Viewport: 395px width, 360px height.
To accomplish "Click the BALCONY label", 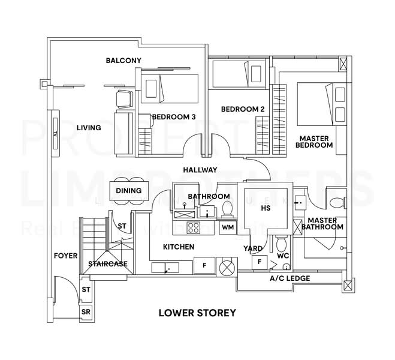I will tap(123, 61).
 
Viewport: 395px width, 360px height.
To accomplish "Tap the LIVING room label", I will tap(89, 128).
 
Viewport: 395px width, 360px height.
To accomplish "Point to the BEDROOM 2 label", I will tap(243, 109).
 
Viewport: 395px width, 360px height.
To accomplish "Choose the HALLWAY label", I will tap(200, 170).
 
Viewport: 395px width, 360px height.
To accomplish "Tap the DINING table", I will tap(129, 191).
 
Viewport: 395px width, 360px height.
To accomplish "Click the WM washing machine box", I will tap(227, 227).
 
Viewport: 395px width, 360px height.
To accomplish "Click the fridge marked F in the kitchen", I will tap(204, 265).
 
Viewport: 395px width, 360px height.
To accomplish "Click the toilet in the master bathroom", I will tap(337, 201).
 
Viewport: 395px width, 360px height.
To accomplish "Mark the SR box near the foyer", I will tap(86, 313).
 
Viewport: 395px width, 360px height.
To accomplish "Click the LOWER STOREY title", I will tap(197, 313).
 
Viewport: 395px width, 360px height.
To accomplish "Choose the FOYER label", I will tap(65, 256).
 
